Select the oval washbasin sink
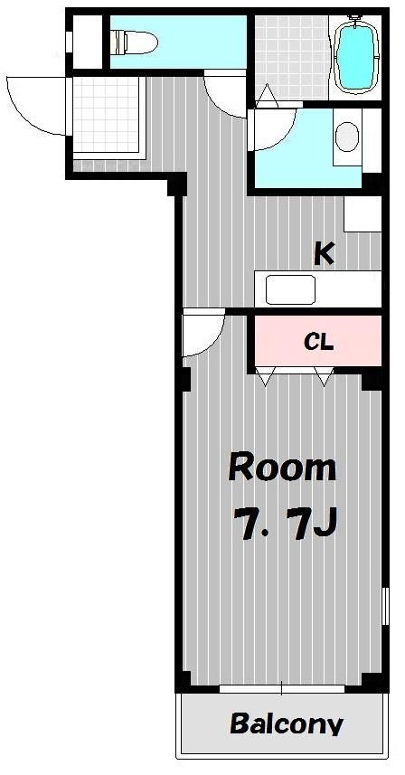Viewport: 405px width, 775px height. click(347, 137)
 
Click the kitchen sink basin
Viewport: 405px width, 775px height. click(290, 289)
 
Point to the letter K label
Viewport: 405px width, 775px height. click(324, 254)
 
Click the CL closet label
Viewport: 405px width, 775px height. click(318, 341)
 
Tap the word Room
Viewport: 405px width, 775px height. click(282, 468)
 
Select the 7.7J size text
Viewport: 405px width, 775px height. click(285, 524)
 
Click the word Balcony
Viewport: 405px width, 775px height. click(287, 723)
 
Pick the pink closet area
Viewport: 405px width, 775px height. click(318, 341)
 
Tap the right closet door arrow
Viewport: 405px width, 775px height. click(324, 376)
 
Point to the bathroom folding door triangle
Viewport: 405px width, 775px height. click(268, 95)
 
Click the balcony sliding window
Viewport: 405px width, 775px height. click(282, 688)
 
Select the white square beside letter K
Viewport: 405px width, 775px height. click(363, 213)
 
